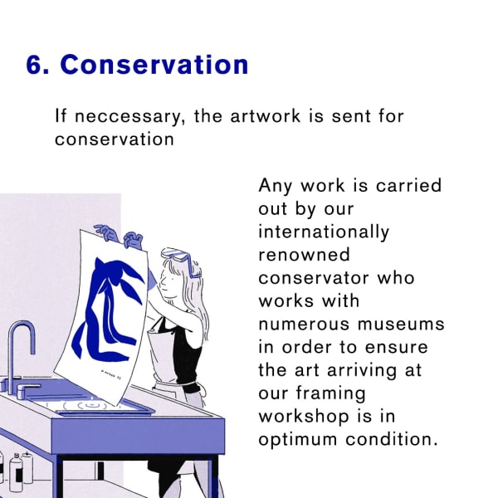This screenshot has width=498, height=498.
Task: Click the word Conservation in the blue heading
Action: point(155,65)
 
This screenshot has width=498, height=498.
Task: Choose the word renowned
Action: point(304,253)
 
